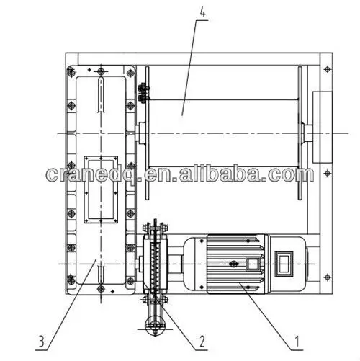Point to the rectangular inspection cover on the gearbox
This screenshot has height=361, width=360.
101,187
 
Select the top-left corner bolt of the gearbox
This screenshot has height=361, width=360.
71,71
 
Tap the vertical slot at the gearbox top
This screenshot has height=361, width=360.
101,97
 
